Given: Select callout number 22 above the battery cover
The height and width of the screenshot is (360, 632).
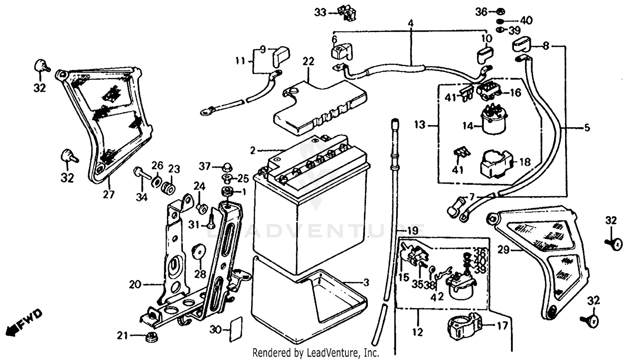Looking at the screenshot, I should [x=308, y=61].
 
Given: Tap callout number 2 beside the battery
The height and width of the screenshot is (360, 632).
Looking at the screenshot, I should [x=253, y=150].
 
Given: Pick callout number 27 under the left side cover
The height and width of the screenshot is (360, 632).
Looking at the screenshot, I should [x=109, y=195].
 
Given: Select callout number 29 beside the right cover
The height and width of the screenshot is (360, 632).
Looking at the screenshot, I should [x=503, y=250].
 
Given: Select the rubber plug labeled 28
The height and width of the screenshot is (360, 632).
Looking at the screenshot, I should [x=198, y=251].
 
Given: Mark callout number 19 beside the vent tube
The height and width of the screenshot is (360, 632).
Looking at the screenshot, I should [x=412, y=231].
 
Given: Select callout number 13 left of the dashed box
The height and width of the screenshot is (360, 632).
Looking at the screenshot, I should [x=420, y=125].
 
